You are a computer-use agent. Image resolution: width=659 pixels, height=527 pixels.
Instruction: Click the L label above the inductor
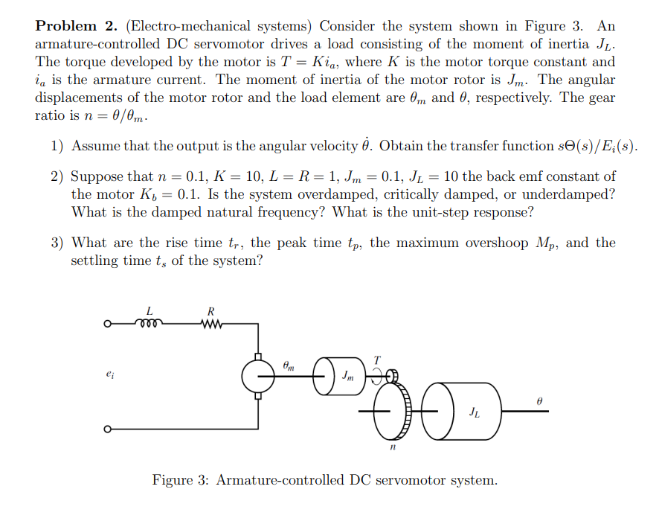click(x=150, y=310)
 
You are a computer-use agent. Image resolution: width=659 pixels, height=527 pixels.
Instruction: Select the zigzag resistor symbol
click(x=212, y=323)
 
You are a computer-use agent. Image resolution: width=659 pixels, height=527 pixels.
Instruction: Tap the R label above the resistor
click(x=212, y=310)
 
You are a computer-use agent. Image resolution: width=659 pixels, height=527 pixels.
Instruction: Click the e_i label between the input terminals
click(x=112, y=377)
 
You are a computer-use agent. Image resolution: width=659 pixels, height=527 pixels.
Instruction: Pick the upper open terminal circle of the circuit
click(x=107, y=324)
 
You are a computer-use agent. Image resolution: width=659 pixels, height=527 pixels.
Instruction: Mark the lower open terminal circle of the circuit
click(x=107, y=429)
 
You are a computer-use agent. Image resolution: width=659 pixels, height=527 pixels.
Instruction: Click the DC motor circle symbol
click(x=258, y=377)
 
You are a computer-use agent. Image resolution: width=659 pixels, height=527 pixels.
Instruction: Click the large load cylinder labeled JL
click(x=469, y=411)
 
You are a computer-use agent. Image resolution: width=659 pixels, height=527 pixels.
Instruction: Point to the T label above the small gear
click(x=377, y=359)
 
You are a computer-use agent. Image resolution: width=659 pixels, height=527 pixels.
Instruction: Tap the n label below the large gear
click(x=392, y=449)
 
